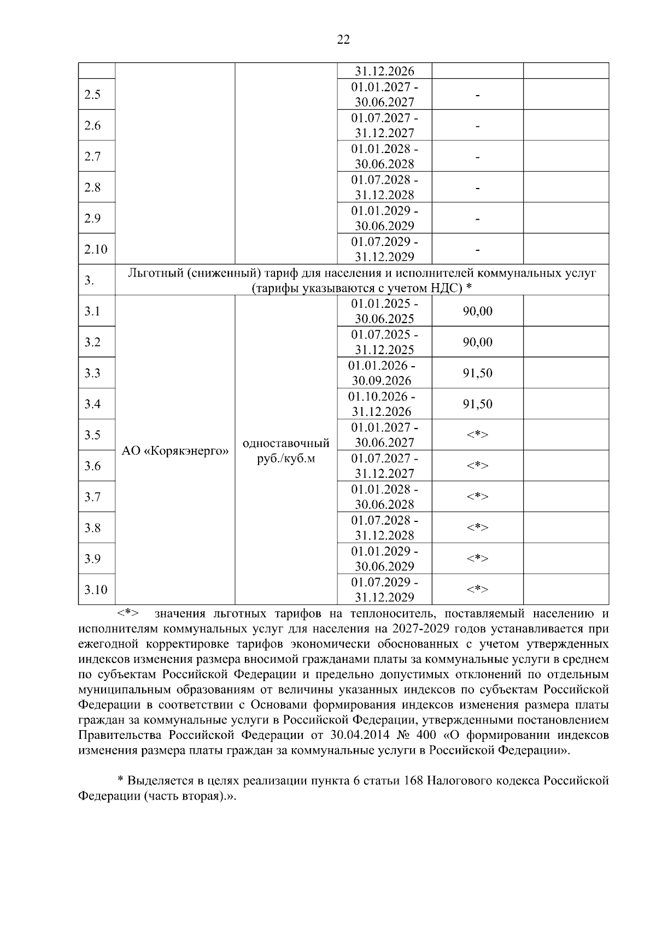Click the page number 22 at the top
[x=343, y=39]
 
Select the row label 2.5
[x=92, y=95]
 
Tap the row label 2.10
[x=96, y=249]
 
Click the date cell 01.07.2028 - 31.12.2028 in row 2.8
[x=384, y=187]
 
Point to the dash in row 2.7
[x=478, y=157]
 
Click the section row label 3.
[x=89, y=280]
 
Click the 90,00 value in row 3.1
[x=478, y=311]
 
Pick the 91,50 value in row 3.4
[x=478, y=404]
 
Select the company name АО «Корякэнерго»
[x=175, y=451]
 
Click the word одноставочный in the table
[x=286, y=443]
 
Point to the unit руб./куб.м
[x=286, y=459]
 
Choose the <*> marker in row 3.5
[x=477, y=435]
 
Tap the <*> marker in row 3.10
[x=477, y=589]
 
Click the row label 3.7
[x=92, y=497]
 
